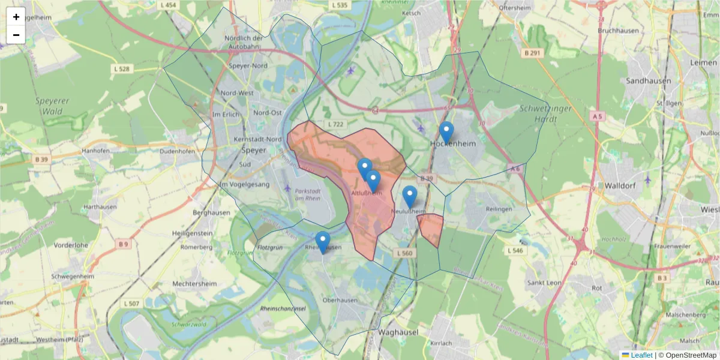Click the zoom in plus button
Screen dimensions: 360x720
[16, 17]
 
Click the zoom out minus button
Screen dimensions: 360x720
[16, 35]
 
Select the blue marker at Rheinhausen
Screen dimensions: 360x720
[323, 242]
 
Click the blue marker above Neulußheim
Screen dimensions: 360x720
[410, 196]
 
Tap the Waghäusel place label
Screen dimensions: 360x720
[398, 331]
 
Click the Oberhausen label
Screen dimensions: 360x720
[340, 300]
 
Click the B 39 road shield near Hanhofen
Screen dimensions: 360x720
[41, 159]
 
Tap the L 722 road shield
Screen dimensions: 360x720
[335, 124]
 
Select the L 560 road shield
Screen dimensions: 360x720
[404, 254]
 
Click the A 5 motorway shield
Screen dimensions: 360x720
[596, 116]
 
